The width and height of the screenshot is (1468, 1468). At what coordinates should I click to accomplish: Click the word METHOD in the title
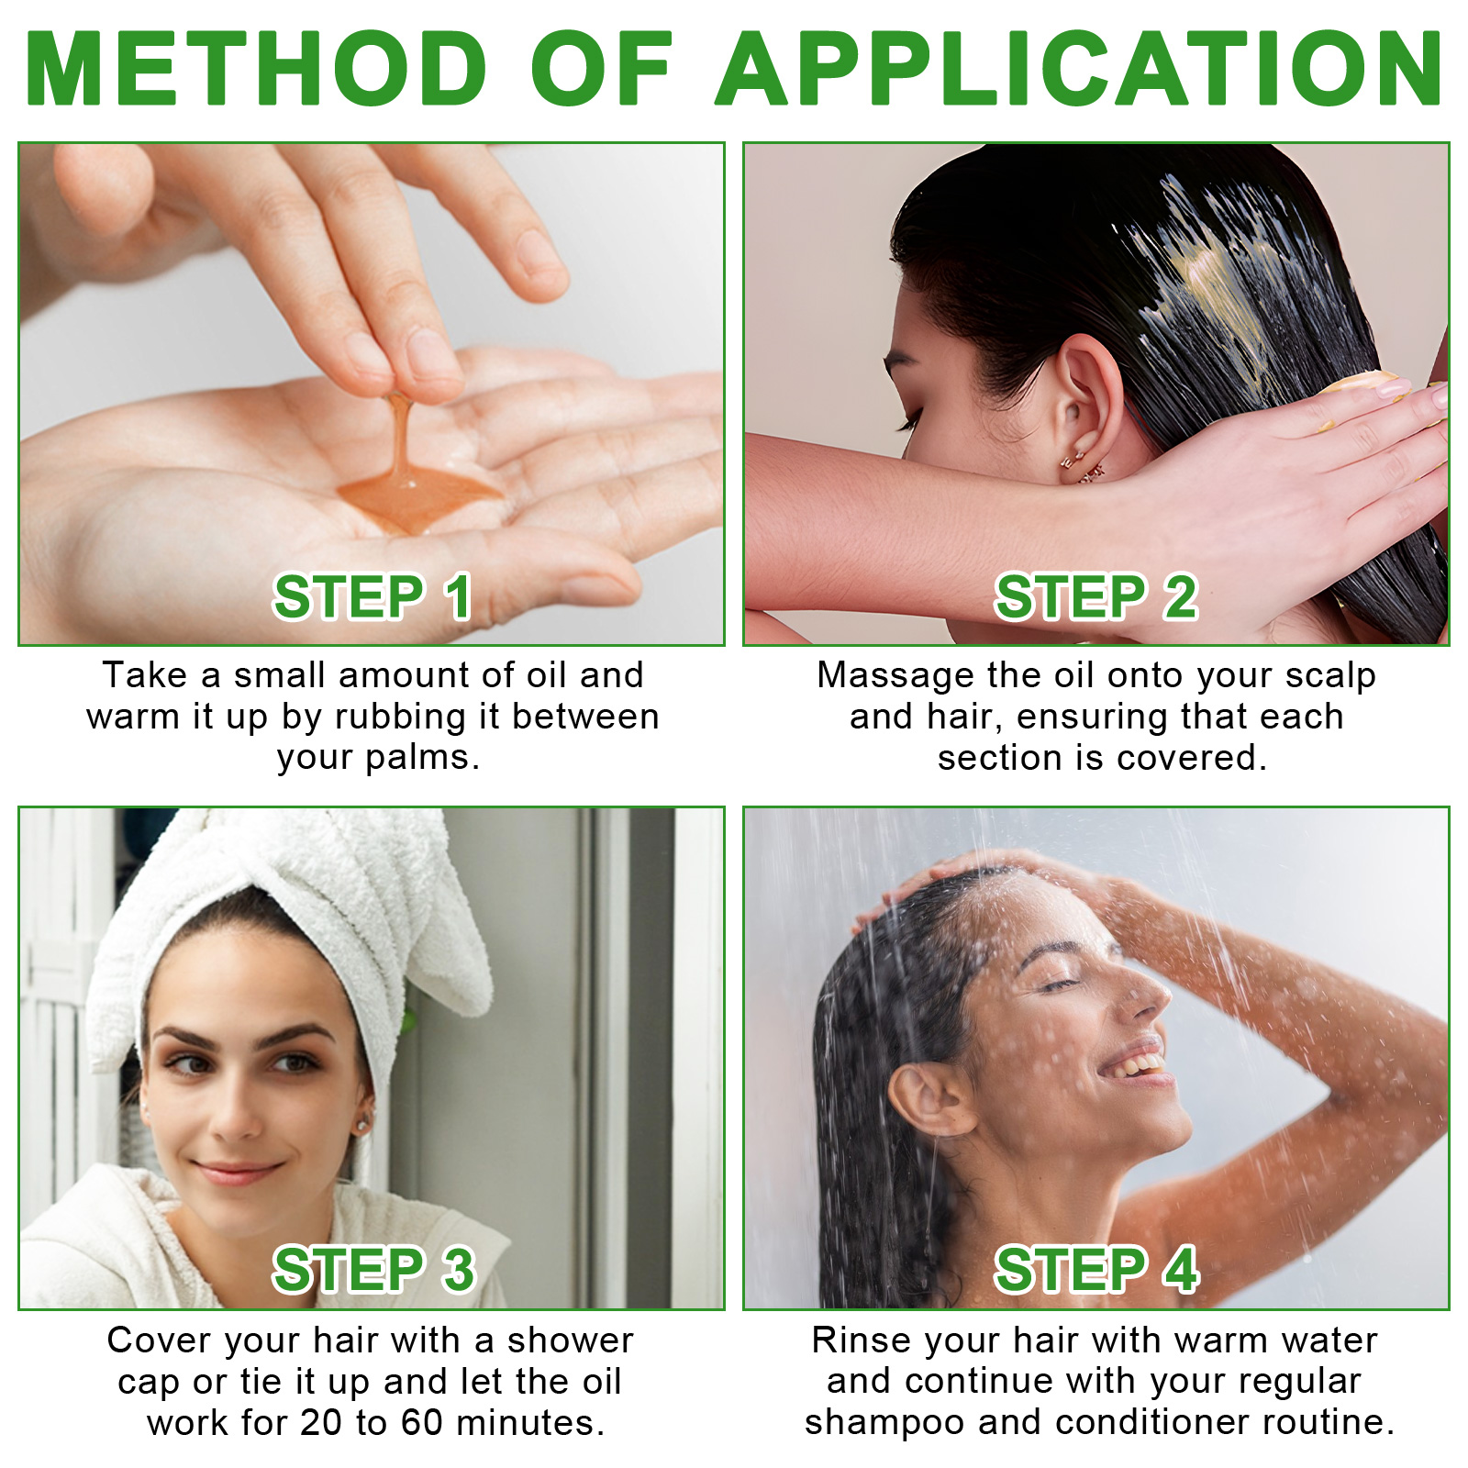coord(257,69)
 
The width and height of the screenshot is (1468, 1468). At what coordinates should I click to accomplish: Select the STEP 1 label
coord(373,597)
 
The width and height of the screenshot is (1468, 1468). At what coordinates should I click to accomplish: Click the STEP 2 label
coord(1096,597)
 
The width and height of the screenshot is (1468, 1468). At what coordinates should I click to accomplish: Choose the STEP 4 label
coord(1096,1270)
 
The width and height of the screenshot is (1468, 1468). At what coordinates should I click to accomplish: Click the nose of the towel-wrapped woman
coord(240,1115)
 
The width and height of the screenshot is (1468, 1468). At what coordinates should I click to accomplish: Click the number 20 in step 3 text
coord(321,1423)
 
